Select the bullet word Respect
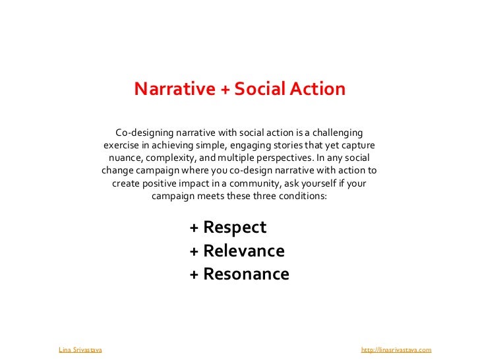click(235, 227)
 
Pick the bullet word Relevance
click(244, 251)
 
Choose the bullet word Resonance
click(246, 274)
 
